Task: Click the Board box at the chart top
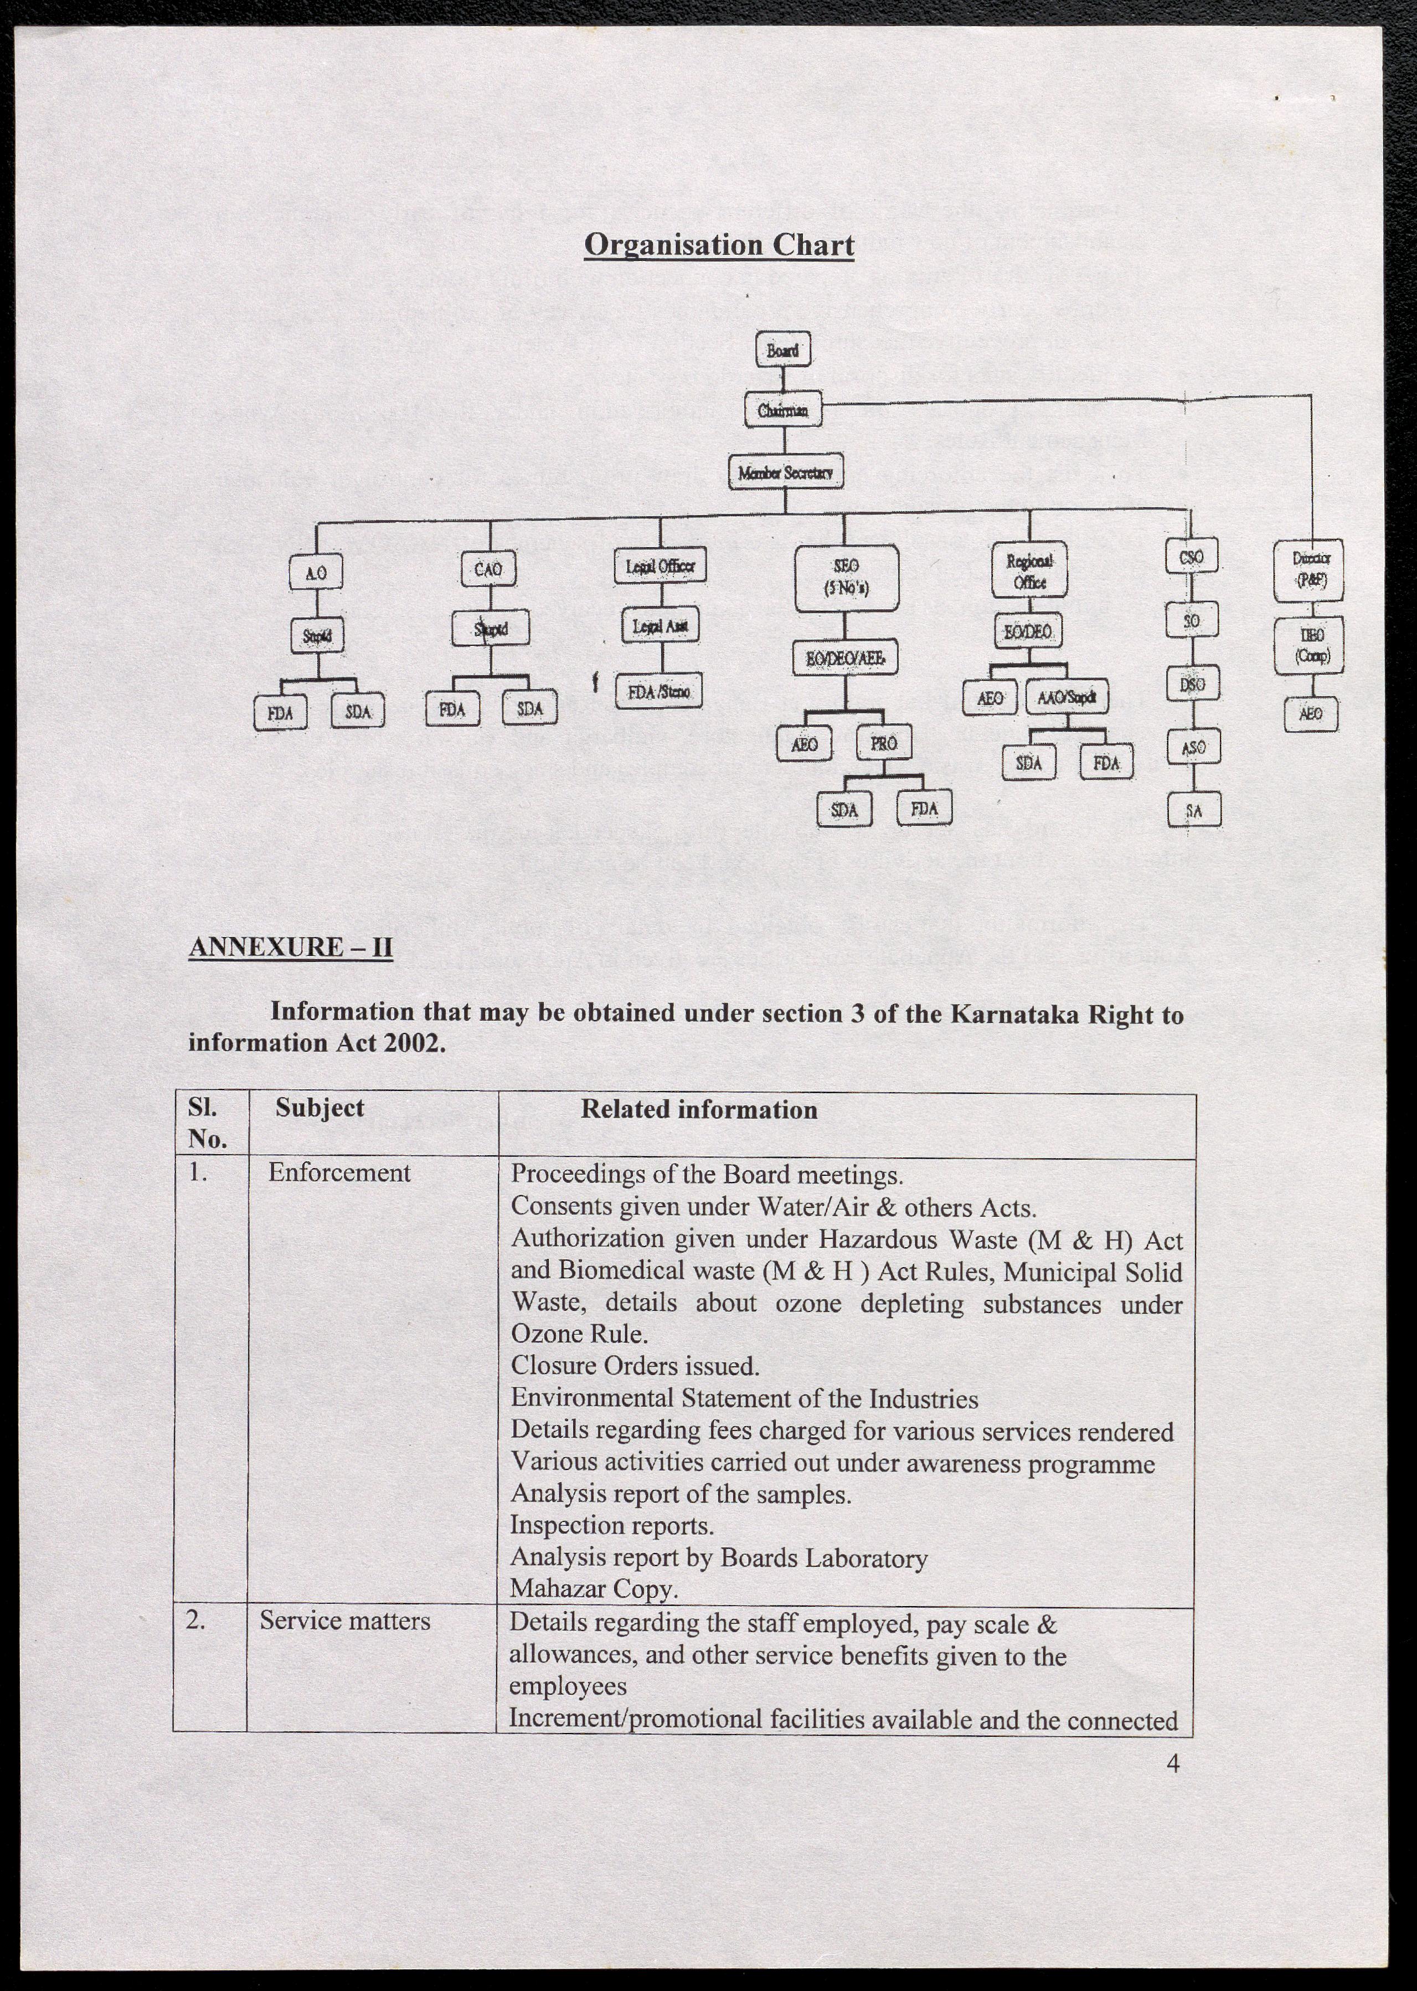tap(782, 350)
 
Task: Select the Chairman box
tap(782, 410)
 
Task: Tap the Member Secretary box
tap(785, 472)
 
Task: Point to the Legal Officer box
tap(659, 565)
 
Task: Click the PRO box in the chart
tap(884, 743)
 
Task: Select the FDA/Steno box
tap(659, 692)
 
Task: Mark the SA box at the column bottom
tap(1194, 811)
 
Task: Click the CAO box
tap(488, 570)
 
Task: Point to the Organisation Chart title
tap(719, 244)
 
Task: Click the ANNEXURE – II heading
tap(291, 946)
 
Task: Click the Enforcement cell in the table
tap(338, 1172)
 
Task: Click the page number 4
tap(1173, 1763)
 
